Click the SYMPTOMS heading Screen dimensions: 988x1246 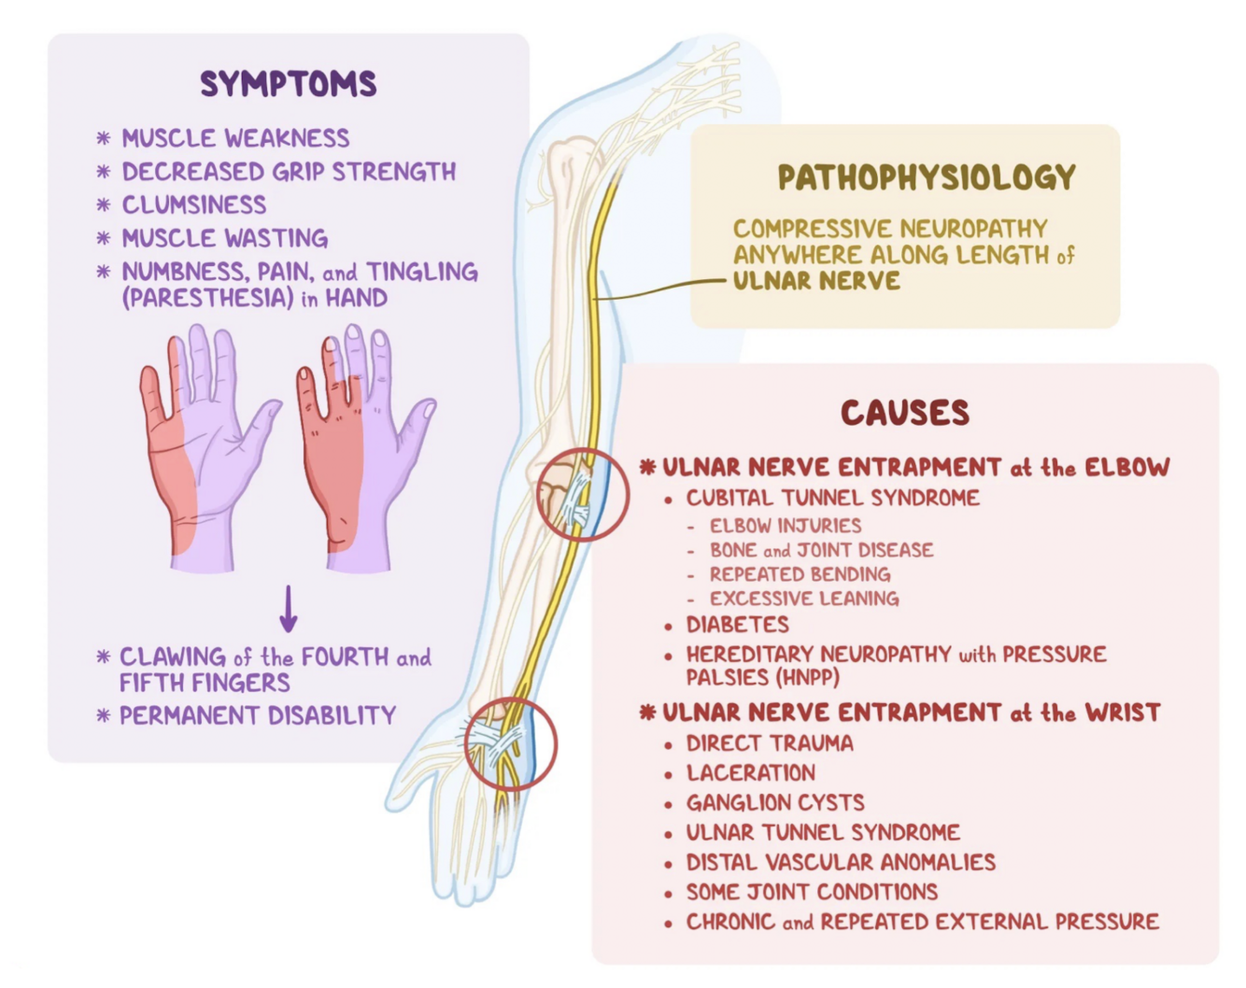(288, 84)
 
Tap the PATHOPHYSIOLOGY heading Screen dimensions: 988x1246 (926, 177)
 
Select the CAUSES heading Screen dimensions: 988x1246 (904, 413)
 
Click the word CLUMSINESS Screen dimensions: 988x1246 (194, 205)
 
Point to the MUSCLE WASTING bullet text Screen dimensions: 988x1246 (224, 238)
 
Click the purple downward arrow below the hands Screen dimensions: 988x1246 (289, 609)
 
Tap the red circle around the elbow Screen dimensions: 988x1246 (583, 495)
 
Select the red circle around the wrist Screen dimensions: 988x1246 (511, 744)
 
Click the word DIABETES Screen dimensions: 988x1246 (737, 625)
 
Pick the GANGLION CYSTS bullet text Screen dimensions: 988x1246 (775, 802)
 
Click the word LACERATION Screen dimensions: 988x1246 (750, 772)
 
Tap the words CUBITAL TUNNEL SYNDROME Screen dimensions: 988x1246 (832, 498)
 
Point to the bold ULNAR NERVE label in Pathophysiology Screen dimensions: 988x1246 (816, 281)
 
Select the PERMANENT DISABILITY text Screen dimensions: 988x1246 (258, 715)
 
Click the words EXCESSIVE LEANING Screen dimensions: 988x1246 (803, 599)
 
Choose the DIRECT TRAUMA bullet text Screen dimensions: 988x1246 (769, 743)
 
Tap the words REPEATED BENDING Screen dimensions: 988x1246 (800, 574)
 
